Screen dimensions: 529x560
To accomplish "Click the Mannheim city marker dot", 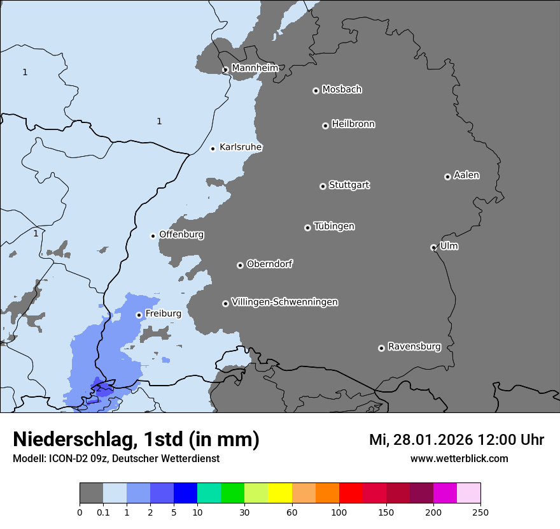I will (x=225, y=70).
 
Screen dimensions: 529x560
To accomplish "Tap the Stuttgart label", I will (x=349, y=185).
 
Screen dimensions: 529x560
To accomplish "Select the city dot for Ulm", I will (x=433, y=247).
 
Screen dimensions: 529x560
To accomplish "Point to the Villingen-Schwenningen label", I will (x=284, y=302).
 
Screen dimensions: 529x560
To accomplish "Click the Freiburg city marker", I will (x=139, y=315).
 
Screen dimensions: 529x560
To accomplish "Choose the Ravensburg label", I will (x=414, y=347).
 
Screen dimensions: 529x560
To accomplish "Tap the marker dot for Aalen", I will (x=447, y=177).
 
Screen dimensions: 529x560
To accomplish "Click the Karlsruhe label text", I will (x=241, y=147).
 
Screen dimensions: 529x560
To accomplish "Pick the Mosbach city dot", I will (x=316, y=91).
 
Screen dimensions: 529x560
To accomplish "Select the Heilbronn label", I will (x=353, y=124).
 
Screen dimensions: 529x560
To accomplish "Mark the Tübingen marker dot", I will (x=307, y=228).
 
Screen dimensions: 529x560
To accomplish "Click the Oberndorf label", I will (x=269, y=264).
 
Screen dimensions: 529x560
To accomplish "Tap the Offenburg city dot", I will (x=153, y=236).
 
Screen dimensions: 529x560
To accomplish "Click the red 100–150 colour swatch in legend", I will (x=351, y=493).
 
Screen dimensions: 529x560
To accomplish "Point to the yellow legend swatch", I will (x=280, y=493).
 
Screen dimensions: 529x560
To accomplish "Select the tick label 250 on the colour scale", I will (x=480, y=512).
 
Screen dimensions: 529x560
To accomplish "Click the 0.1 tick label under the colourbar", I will (x=103, y=512).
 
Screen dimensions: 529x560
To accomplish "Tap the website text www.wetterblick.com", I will (x=459, y=459).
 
